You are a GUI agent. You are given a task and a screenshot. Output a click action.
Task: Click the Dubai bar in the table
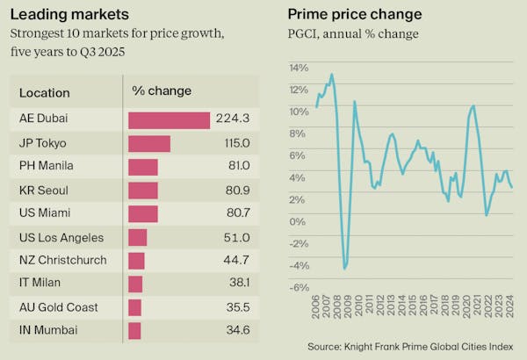pos(170,120)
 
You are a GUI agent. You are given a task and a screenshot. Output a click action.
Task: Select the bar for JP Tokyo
pos(149,143)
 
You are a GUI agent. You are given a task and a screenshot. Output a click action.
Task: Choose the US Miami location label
pos(45,213)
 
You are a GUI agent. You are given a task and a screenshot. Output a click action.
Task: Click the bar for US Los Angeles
pos(138,237)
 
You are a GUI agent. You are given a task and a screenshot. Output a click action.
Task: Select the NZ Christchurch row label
pos(62,260)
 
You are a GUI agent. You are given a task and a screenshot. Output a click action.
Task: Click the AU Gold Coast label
pos(58,307)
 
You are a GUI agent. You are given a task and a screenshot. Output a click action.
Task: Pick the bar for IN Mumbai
pos(134,330)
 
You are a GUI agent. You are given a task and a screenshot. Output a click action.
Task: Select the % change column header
pos(161,90)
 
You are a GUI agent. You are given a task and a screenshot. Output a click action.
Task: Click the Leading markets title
pos(69,14)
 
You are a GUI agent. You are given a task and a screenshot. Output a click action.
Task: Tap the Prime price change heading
pos(354,14)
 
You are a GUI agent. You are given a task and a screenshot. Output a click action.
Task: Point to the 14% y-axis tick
pos(299,68)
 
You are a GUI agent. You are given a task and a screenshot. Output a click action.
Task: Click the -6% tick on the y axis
pos(299,287)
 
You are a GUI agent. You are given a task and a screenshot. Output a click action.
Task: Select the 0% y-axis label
pos(300,221)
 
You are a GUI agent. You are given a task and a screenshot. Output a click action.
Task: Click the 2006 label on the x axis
pos(316,310)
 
